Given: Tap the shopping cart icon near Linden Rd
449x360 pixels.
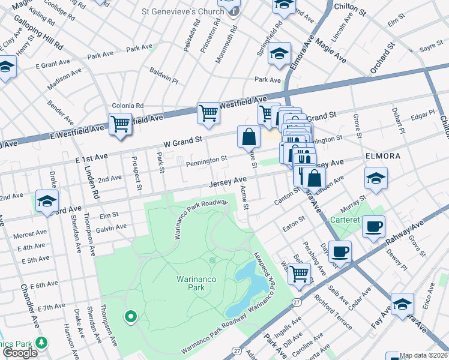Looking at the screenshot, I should coord(120,124).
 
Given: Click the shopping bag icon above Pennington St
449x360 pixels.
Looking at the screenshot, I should coord(249,137).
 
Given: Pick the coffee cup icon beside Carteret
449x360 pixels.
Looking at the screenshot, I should coord(373,227).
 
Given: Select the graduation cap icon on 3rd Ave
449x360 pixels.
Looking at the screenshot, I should coord(46,202).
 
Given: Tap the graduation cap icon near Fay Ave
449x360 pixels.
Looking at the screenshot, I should coord(402,304).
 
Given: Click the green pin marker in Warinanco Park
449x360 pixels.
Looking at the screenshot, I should coord(130,316).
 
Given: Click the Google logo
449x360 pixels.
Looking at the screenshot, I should coord(20,353).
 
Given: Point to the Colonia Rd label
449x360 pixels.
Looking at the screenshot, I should coord(124,105).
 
